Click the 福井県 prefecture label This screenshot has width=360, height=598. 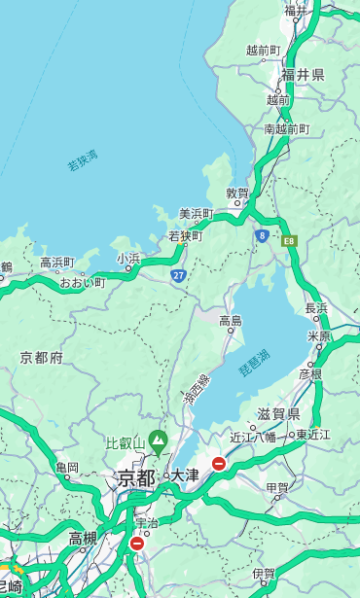[303, 75]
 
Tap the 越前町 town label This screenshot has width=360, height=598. [264, 50]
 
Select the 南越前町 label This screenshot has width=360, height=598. [286, 128]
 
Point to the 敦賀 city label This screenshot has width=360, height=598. [237, 193]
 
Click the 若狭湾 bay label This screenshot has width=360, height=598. [83, 161]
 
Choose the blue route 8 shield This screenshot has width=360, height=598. [262, 235]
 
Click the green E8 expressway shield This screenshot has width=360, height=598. [288, 239]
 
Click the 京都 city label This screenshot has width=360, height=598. [135, 477]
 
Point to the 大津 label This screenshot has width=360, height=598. [185, 475]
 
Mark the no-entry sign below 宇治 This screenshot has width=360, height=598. [136, 544]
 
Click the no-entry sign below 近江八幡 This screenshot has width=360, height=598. [219, 464]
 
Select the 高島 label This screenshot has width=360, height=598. [231, 321]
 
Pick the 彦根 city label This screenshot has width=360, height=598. [309, 373]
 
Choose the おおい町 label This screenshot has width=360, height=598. [82, 283]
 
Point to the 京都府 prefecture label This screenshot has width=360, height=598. [42, 358]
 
